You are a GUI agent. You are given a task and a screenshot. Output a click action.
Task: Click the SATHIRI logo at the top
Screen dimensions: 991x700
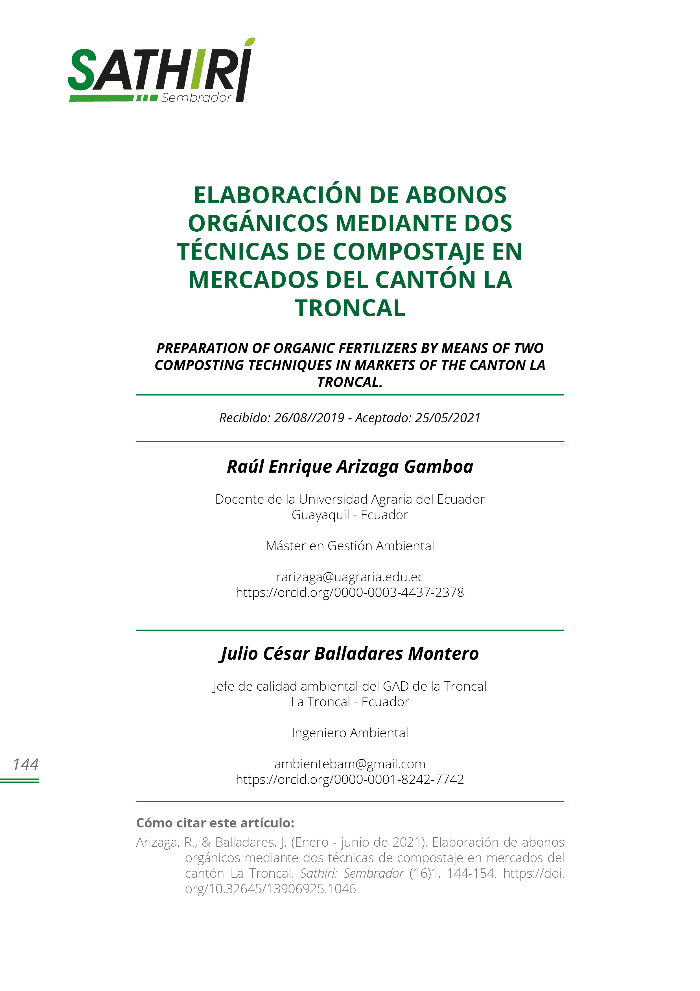point(161,70)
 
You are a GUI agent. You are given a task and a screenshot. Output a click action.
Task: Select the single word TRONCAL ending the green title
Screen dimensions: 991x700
point(350,308)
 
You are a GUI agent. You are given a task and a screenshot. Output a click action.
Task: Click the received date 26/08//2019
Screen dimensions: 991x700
point(309,418)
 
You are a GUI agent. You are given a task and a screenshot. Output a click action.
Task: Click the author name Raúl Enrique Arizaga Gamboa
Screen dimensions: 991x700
point(350,467)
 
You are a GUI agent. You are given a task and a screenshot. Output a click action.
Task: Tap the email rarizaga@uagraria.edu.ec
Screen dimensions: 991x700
point(350,577)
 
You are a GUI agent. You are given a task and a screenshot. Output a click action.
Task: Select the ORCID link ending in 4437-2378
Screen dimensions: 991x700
point(350,592)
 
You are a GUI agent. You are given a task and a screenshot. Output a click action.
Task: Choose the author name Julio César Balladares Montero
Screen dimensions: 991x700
point(350,653)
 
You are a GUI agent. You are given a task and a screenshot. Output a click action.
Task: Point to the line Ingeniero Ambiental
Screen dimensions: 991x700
point(350,733)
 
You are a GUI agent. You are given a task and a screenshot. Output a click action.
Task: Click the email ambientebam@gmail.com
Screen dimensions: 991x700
point(350,764)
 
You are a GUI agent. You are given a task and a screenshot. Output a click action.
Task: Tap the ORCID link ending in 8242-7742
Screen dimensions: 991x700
point(350,779)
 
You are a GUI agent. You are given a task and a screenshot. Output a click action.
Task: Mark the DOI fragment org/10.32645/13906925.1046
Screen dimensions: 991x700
point(270,889)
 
